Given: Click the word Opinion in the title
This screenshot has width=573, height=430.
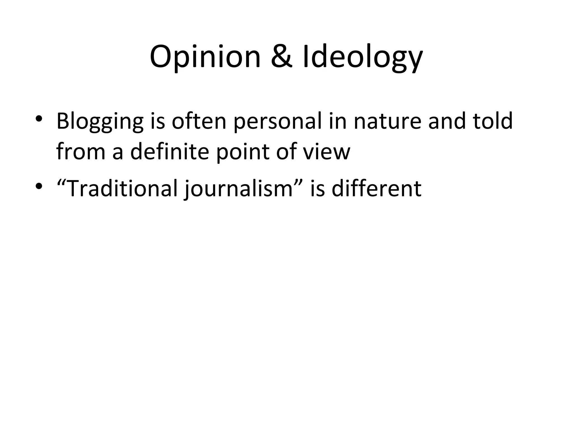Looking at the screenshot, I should (x=205, y=57).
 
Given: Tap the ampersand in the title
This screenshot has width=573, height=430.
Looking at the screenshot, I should (x=282, y=57).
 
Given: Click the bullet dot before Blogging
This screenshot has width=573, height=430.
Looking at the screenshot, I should (x=39, y=119).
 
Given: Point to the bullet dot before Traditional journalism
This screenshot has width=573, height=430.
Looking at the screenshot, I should (x=39, y=186).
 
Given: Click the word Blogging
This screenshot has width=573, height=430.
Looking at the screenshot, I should (x=100, y=122).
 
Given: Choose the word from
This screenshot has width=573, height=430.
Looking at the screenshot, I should (x=81, y=151).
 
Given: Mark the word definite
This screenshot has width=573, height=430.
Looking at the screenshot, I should (x=170, y=151).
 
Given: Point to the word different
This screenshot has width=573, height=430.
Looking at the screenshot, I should (x=376, y=188).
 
